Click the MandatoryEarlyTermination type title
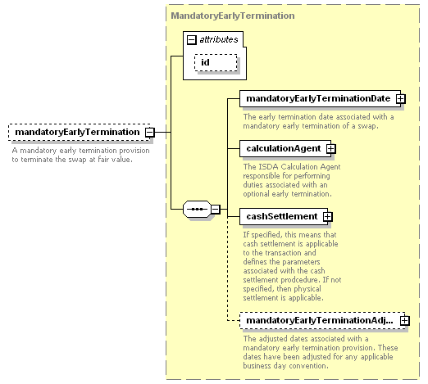tap(233, 16)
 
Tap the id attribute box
tap(216, 62)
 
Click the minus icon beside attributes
tap(192, 40)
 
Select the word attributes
tap(219, 40)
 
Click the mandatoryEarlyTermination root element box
tap(80, 133)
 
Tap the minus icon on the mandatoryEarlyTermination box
tap(150, 133)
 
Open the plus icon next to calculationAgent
tap(330, 148)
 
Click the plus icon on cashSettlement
tap(327, 216)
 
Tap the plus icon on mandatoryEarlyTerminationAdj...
tap(405, 320)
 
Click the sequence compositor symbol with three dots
tap(197, 210)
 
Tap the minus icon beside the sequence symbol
tap(216, 210)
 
